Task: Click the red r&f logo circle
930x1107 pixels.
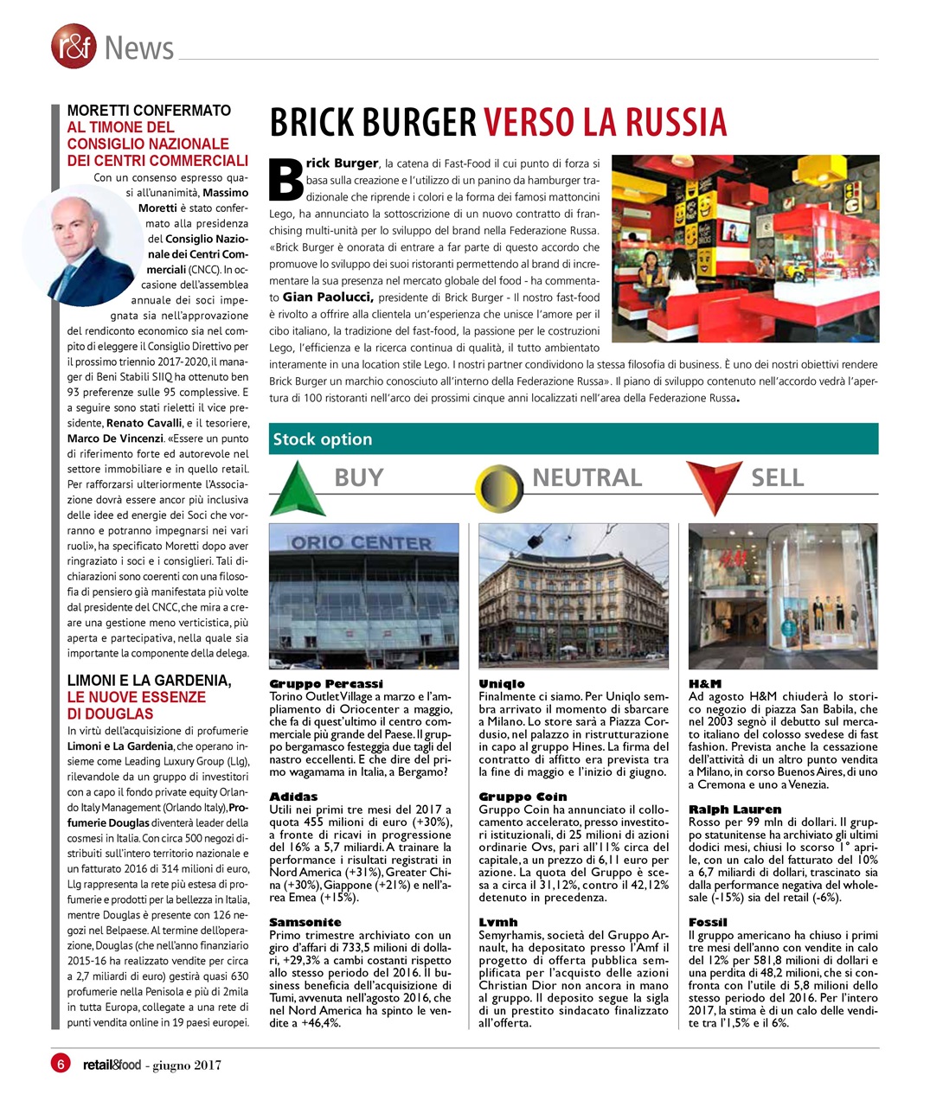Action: pyautogui.click(x=73, y=47)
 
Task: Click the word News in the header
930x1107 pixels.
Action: pyautogui.click(x=138, y=48)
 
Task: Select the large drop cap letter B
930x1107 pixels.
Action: pyautogui.click(x=286, y=179)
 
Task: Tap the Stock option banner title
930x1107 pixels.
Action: pyautogui.click(x=323, y=439)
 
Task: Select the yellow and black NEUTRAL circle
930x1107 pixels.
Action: pyautogui.click(x=499, y=487)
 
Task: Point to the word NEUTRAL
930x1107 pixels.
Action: pyautogui.click(x=587, y=477)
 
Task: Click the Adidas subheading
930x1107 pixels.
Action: pyautogui.click(x=293, y=797)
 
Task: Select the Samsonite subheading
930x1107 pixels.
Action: pyautogui.click(x=305, y=922)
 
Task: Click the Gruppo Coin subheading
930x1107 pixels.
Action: pyautogui.click(x=523, y=797)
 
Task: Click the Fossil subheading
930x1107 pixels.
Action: pyautogui.click(x=708, y=922)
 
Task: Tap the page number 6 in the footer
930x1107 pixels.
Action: pyautogui.click(x=61, y=1064)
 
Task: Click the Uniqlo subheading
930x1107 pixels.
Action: pyautogui.click(x=502, y=684)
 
